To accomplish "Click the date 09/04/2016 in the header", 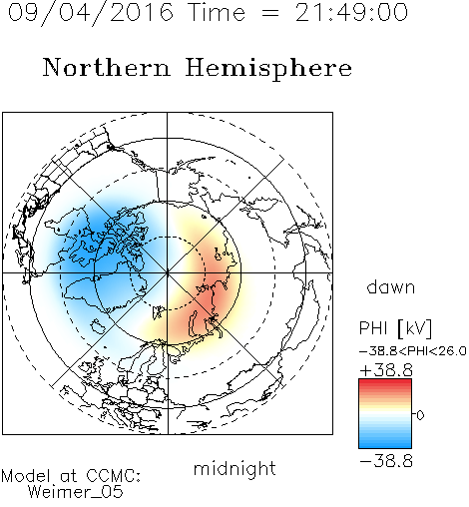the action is (x=91, y=12).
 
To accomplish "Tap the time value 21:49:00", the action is (x=351, y=12).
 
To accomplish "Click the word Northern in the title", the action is (x=107, y=67).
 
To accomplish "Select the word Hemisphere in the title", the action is (x=268, y=69).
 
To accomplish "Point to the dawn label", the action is (x=391, y=286).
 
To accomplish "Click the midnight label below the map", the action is (x=234, y=469).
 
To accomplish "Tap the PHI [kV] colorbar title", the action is (x=395, y=328).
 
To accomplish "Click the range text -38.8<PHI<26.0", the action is (x=413, y=351).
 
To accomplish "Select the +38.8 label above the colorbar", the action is (x=386, y=370).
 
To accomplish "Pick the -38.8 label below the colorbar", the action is (x=386, y=461).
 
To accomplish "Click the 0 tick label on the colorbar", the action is (x=420, y=415).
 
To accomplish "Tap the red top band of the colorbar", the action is (x=385, y=383).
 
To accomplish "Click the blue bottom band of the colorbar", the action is (x=385, y=444).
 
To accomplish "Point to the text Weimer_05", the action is (x=76, y=492).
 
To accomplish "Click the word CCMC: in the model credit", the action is (x=113, y=476).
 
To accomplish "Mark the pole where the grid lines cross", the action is (x=168, y=272).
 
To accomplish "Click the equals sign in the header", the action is (x=269, y=13).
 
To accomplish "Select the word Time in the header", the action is (x=217, y=12).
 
